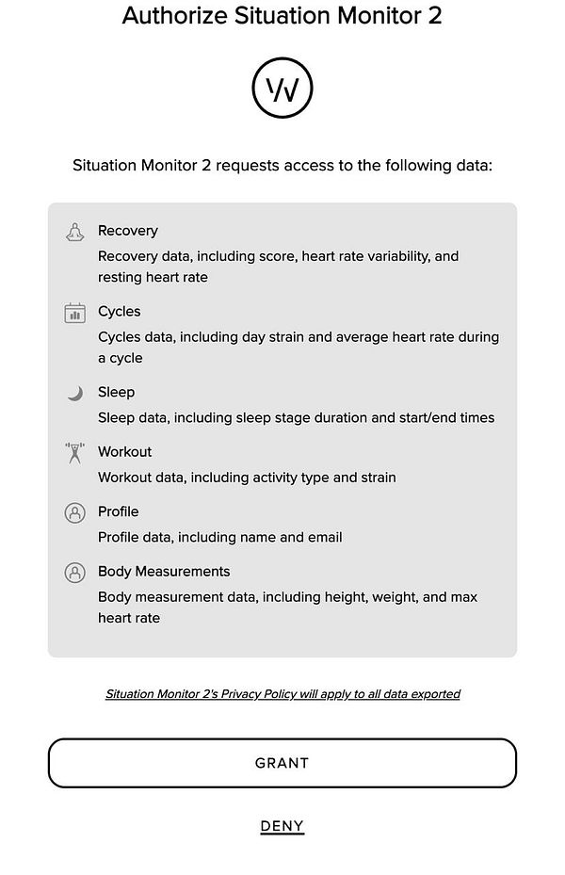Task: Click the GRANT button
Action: [x=282, y=763]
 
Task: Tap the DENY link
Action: [x=282, y=826]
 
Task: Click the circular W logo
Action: [x=282, y=89]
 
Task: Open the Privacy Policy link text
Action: [x=282, y=694]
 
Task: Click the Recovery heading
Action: [x=127, y=231]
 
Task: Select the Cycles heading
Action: [x=119, y=312]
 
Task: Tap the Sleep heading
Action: [x=116, y=392]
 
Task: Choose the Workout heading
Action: [x=124, y=452]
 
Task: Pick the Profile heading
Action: [x=118, y=511]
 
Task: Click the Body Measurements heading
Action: [x=163, y=572]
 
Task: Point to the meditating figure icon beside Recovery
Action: [x=74, y=232]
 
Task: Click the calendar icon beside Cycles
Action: [x=74, y=313]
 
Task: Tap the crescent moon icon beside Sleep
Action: [x=74, y=393]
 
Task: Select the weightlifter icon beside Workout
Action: [x=74, y=453]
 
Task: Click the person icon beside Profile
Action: [x=74, y=512]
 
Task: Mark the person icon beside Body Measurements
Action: [x=74, y=573]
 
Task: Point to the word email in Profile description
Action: [x=323, y=537]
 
